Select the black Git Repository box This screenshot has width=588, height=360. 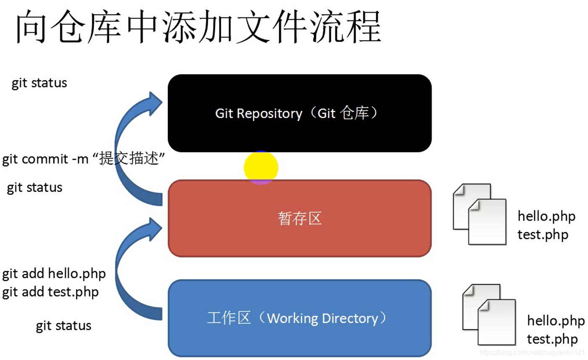[299, 113]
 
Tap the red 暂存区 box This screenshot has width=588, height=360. [299, 218]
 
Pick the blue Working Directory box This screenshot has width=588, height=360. [299, 318]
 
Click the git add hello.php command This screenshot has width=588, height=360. [54, 274]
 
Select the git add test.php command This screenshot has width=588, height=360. [50, 292]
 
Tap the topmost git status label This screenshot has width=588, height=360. [39, 83]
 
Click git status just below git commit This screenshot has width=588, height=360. [34, 187]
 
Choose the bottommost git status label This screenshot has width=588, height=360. [63, 326]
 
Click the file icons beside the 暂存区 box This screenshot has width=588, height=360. [480, 214]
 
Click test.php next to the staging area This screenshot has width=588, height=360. [543, 234]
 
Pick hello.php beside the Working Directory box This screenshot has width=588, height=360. [556, 321]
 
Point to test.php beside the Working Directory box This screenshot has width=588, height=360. [552, 339]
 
